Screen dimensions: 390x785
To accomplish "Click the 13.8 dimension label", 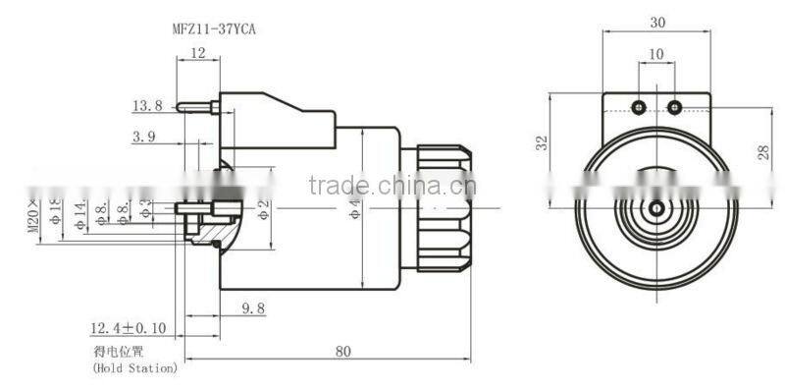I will [146, 106].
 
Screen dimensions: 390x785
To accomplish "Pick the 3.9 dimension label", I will [145, 139].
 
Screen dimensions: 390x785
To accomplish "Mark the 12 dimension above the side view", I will [199, 54].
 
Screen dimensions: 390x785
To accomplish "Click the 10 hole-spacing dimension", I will [656, 54].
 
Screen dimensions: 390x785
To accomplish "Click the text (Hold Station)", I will [135, 369].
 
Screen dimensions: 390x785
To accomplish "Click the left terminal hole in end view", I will [639, 105].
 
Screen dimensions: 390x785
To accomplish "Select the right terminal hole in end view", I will [674, 105].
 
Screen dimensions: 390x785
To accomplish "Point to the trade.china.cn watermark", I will [391, 187].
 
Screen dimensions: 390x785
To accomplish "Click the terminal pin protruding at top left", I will [195, 105].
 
